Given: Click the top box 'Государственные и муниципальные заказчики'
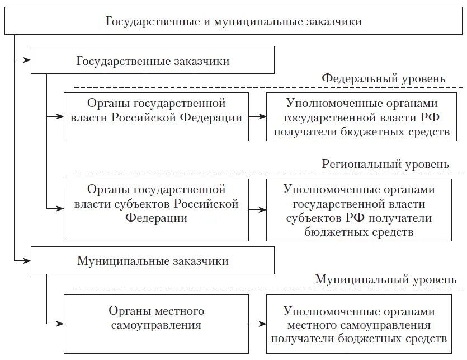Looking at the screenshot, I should (x=233, y=22).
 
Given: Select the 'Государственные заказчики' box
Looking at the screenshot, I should (x=152, y=60).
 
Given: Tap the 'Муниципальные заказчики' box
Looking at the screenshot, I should (x=152, y=261).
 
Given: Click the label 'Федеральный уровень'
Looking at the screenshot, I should (x=383, y=78).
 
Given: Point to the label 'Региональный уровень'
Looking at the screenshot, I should (x=385, y=165).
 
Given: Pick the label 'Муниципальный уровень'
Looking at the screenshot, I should (x=381, y=279).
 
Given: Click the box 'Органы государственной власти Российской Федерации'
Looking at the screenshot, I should (x=156, y=117).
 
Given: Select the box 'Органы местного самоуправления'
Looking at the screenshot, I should (x=156, y=324).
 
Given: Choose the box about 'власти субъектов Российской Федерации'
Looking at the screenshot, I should (x=156, y=209).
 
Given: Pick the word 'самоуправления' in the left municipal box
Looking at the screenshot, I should (x=156, y=325).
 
